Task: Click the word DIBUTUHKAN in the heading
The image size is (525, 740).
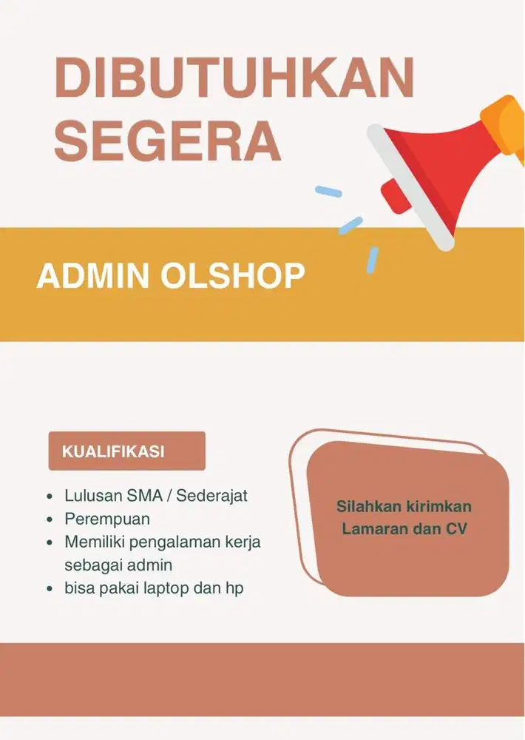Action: [233, 78]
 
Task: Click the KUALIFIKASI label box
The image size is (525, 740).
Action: [126, 451]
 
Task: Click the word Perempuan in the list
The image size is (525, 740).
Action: [107, 518]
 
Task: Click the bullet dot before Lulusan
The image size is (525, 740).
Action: [49, 496]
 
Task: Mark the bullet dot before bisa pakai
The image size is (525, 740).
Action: [49, 589]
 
